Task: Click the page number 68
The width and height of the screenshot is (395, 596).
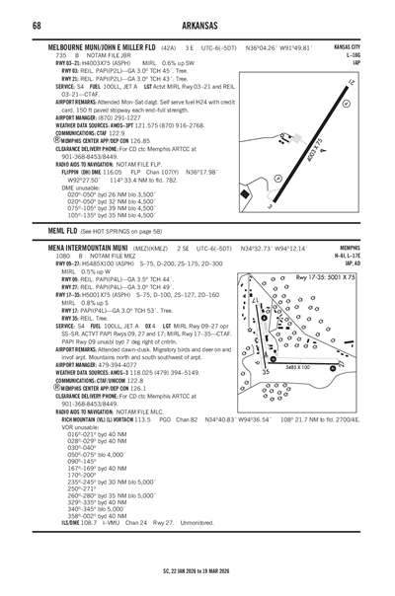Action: pyautogui.click(x=38, y=24)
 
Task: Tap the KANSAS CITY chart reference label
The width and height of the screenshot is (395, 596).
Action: pyautogui.click(x=346, y=46)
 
